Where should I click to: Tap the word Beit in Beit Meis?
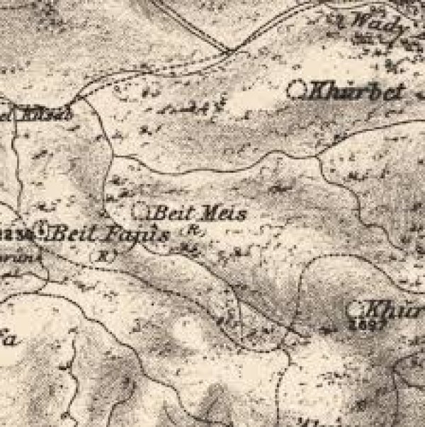coord(170,212)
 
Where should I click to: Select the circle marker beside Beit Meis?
coord(141,210)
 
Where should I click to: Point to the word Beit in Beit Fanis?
coord(74,232)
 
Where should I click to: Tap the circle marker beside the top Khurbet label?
coord(298,90)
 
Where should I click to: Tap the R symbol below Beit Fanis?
coord(106,254)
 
